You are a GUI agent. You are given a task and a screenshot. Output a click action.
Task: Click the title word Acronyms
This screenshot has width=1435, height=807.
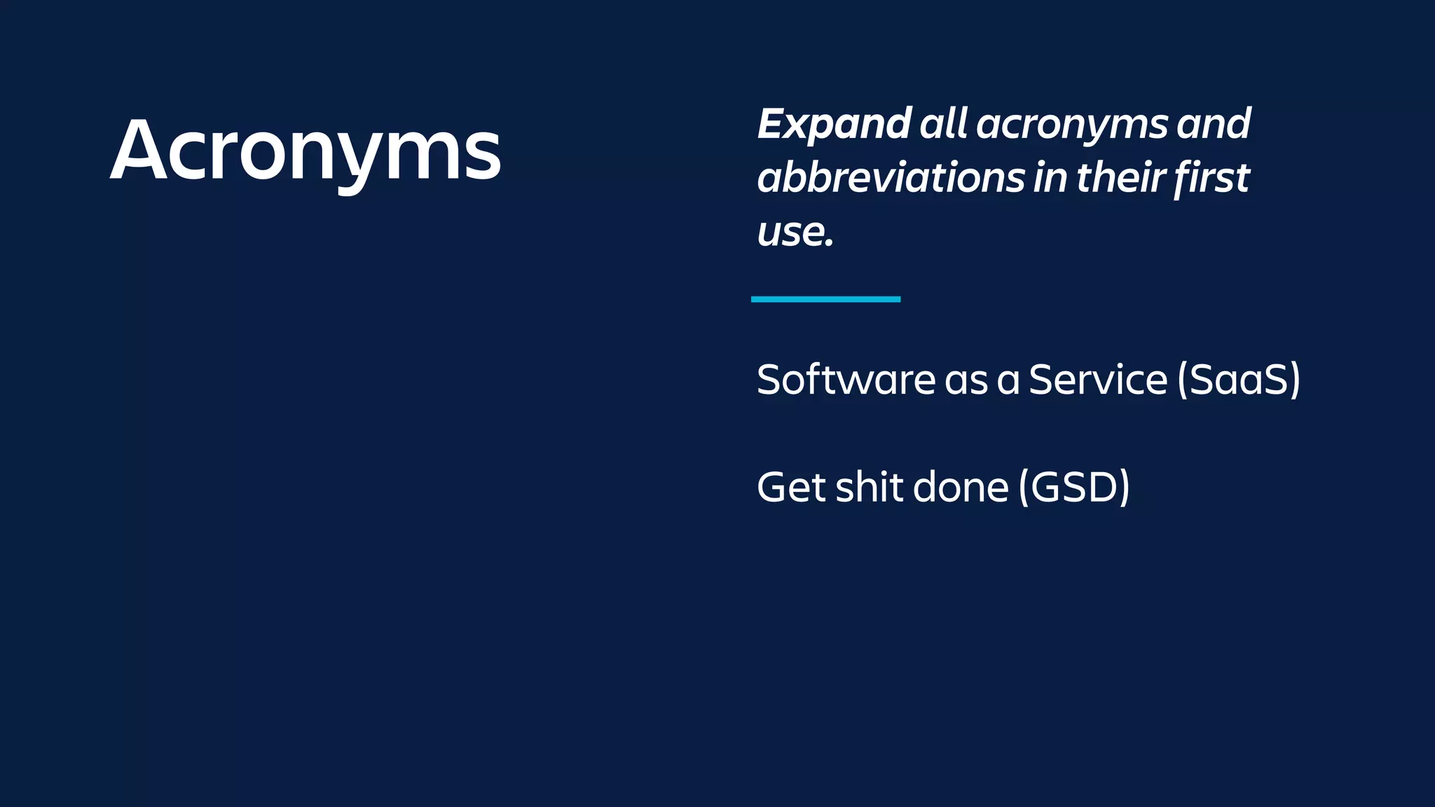305,151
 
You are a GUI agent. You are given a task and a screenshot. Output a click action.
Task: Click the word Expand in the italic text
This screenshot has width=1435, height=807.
834,124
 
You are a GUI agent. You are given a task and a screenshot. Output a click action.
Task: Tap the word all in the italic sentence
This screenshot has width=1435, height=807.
943,124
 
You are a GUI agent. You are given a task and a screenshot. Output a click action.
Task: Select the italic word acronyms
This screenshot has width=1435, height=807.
1072,125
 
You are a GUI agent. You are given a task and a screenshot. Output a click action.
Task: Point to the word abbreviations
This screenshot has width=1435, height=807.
891,178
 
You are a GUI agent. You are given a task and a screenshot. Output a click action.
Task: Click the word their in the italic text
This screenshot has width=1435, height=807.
1120,178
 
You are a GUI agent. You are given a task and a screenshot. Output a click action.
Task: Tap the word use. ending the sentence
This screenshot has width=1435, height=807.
795,232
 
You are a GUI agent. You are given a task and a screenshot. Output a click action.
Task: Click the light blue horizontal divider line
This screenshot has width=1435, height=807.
825,299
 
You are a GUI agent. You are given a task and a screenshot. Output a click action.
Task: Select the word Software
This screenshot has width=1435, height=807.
846,380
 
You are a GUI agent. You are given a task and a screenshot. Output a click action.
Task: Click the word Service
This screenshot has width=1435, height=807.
1098,380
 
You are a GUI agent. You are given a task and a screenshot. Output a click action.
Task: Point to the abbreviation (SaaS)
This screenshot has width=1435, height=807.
1239,380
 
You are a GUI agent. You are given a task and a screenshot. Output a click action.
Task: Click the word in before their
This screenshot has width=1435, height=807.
1050,178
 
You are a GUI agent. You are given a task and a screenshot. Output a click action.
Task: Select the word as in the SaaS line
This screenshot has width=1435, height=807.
966,381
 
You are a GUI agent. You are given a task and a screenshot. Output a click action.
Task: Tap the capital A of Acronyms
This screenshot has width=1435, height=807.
139,151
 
